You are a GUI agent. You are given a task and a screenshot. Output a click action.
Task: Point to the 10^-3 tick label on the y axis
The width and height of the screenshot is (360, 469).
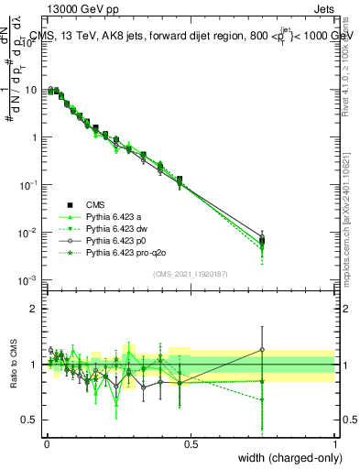[x=27, y=279]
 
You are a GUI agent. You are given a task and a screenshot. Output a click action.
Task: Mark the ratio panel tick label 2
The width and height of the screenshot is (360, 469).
[x=35, y=309]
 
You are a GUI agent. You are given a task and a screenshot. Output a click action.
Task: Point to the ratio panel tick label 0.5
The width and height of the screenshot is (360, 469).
[x=30, y=420]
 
